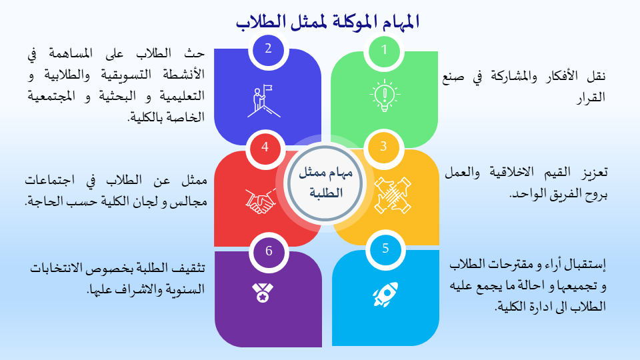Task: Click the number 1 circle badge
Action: [x=384, y=50]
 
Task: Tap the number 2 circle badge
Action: [x=268, y=49]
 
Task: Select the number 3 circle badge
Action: [x=383, y=147]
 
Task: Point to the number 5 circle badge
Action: [x=385, y=249]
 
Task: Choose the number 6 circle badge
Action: [x=269, y=251]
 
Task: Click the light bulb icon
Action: [x=385, y=95]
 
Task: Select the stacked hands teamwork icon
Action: [x=392, y=195]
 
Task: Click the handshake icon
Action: [x=261, y=201]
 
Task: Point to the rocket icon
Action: [x=385, y=294]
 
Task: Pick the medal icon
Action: [x=263, y=293]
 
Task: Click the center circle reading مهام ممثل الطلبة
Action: [x=325, y=183]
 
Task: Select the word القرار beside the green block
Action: [x=591, y=97]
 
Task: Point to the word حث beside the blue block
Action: [x=194, y=53]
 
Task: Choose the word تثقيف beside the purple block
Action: [x=189, y=268]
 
